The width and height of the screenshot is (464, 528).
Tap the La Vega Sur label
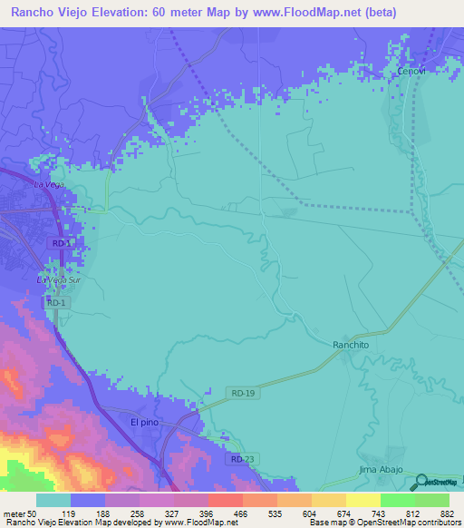(x=53, y=281)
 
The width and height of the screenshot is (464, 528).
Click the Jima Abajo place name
(x=380, y=469)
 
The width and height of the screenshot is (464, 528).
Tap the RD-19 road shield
(x=238, y=392)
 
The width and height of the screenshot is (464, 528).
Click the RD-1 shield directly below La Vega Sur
(x=56, y=302)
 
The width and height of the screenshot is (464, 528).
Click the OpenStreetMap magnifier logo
(x=423, y=481)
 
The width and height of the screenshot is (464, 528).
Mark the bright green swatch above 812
(x=398, y=500)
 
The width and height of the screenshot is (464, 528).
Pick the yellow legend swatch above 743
(x=362, y=500)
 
